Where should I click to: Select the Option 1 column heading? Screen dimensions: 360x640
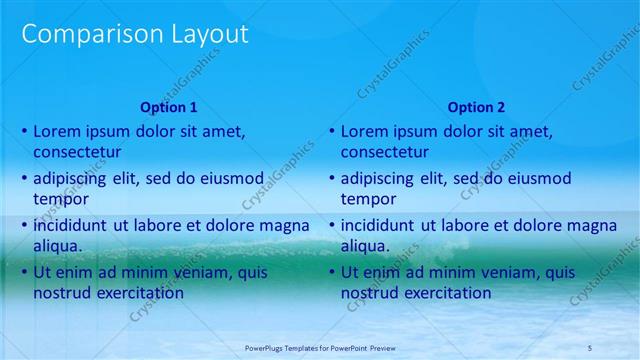pos(169,107)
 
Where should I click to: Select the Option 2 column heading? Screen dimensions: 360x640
pos(476,107)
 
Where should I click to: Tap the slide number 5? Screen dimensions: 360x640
pos(590,347)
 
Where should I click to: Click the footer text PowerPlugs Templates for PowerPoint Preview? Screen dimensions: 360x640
pos(320,347)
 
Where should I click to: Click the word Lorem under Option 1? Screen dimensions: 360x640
pos(56,131)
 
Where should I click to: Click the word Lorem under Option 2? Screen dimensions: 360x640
pos(364,131)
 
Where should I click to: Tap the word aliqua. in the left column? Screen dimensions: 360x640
pos(58,246)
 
